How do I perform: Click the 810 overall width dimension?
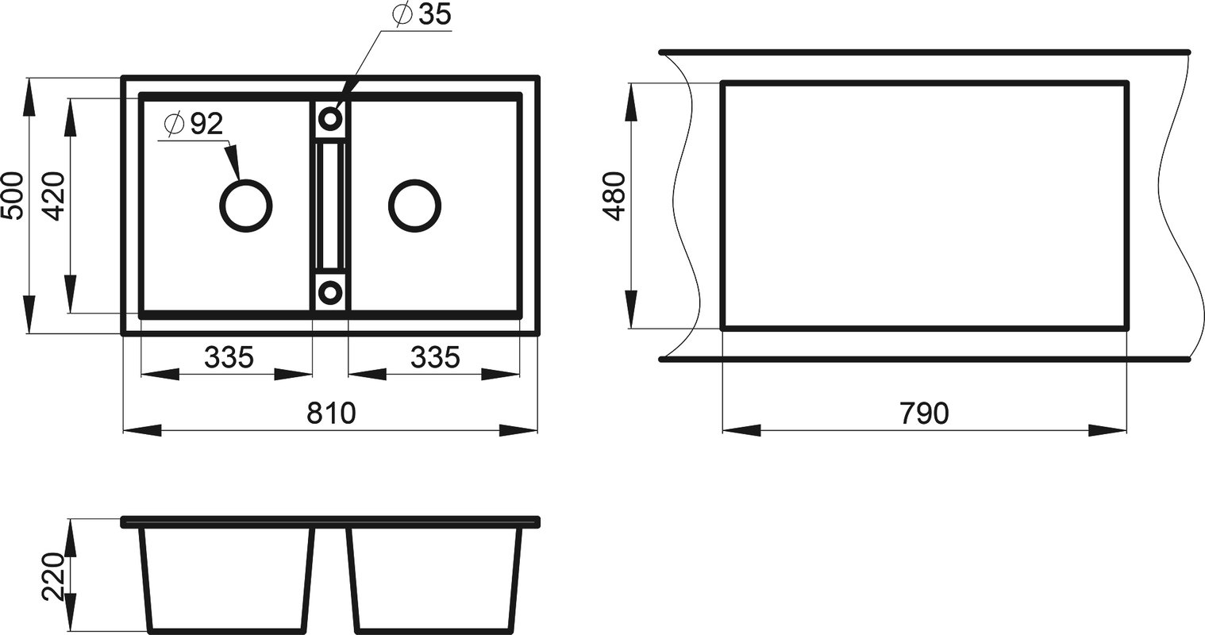(x=331, y=414)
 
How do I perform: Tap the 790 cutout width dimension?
(x=924, y=414)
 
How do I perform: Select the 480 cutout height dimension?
(x=614, y=196)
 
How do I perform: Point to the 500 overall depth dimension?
(x=13, y=195)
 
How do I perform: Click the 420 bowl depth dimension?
(x=54, y=196)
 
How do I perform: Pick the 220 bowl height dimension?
(x=54, y=576)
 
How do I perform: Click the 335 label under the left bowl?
(x=229, y=357)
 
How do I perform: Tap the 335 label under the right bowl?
(x=435, y=357)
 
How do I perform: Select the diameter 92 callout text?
(x=194, y=125)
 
